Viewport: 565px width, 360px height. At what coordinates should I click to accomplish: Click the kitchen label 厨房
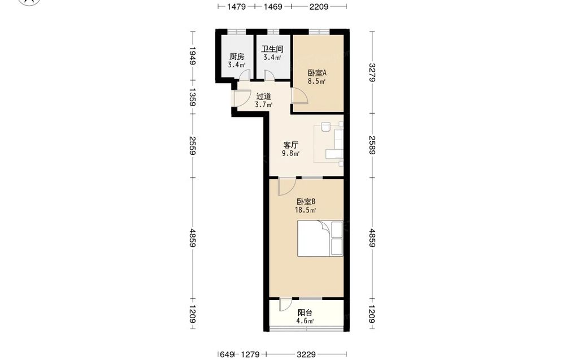[x=237, y=57]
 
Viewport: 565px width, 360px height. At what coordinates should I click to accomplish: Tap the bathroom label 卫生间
[x=272, y=49]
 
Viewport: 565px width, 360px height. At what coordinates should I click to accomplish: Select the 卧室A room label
[x=317, y=73]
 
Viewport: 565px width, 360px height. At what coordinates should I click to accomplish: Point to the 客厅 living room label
[x=290, y=145]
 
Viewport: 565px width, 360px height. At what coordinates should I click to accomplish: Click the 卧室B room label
[x=306, y=201]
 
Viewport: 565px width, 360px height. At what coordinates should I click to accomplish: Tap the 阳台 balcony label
[x=305, y=313]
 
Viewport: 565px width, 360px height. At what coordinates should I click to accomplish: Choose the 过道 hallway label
[x=263, y=97]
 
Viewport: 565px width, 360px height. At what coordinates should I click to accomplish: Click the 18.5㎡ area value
[x=306, y=210]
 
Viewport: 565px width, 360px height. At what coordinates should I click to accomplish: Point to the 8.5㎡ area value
[x=317, y=81]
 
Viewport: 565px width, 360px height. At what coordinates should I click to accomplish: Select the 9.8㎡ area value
[x=290, y=154]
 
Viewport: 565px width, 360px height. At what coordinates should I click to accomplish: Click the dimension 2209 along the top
[x=319, y=6]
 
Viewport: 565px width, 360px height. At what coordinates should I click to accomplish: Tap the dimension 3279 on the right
[x=372, y=72]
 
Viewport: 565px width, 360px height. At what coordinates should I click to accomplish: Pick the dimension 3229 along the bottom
[x=306, y=354]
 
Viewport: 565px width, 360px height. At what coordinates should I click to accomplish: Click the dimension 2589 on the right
[x=372, y=145]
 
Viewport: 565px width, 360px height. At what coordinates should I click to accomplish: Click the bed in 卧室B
[x=320, y=238]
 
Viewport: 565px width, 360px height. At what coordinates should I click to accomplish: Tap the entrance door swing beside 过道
[x=241, y=97]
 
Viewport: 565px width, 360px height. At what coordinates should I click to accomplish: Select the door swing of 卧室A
[x=300, y=96]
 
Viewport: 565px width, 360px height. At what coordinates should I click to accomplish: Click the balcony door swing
[x=285, y=305]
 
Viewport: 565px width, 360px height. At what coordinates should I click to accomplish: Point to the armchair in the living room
[x=326, y=127]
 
